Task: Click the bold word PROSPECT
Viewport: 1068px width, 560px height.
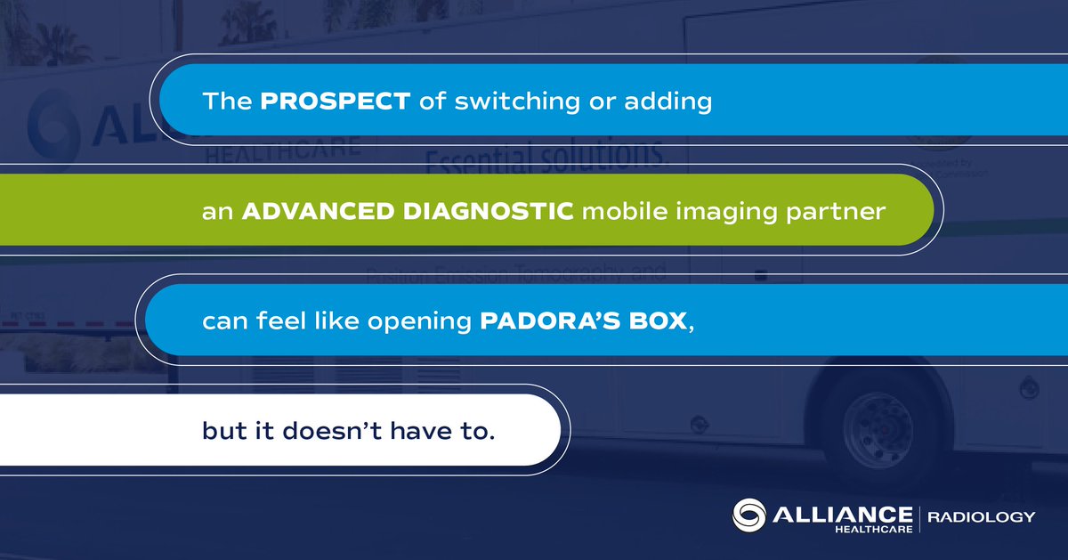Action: (335, 101)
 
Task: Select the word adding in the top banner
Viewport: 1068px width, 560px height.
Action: (671, 101)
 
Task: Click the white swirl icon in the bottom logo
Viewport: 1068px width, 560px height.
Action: (749, 517)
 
